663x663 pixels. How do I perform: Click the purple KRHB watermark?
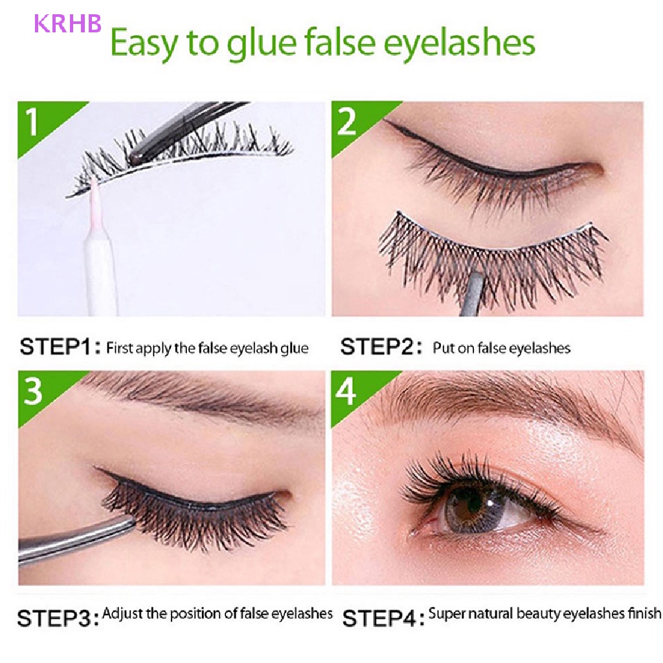pyautogui.click(x=68, y=23)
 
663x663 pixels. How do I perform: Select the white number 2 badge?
pyautogui.click(x=347, y=121)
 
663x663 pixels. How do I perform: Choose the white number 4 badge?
pyautogui.click(x=347, y=392)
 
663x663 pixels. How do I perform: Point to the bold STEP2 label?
pyautogui.click(x=378, y=348)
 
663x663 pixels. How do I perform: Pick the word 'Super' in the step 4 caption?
pyautogui.click(x=445, y=612)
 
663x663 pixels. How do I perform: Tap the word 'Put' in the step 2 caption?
pyautogui.click(x=444, y=348)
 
